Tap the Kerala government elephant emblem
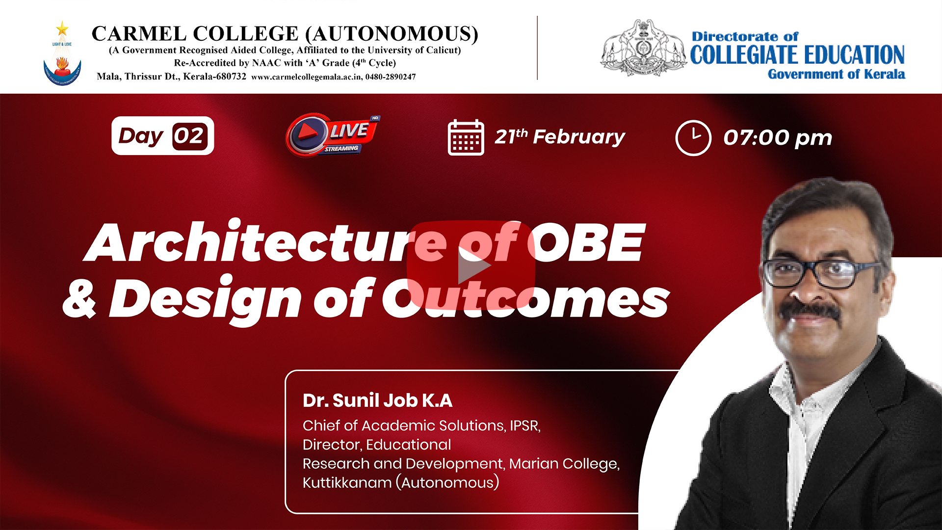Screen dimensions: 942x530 pos(643,48)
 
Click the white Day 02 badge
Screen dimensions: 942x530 pos(163,136)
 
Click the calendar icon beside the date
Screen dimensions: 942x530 pos(466,137)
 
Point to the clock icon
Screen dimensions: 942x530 pos(693,138)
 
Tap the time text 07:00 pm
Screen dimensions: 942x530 pos(778,138)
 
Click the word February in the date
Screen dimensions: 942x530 pos(579,137)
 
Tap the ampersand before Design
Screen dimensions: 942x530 pos(80,298)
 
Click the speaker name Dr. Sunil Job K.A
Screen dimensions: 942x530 pos(377,400)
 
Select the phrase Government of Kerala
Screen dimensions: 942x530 pos(837,74)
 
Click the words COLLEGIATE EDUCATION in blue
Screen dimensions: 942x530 pos(797,55)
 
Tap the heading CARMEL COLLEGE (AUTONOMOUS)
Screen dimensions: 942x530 pos(285,34)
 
